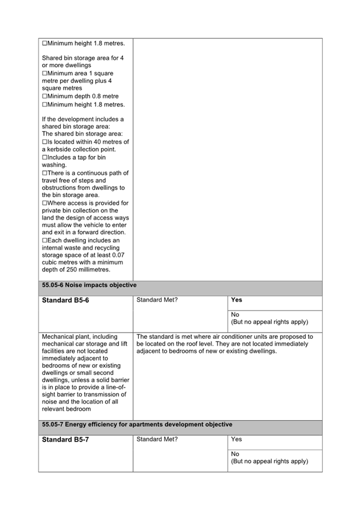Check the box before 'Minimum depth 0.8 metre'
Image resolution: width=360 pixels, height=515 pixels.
[45, 97]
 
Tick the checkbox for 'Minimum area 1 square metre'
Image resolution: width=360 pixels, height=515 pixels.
[45, 73]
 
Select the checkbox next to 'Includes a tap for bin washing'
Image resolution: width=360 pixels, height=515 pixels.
[45, 158]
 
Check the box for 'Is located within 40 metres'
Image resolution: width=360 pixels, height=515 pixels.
[45, 142]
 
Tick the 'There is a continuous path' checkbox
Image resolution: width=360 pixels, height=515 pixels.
[45, 173]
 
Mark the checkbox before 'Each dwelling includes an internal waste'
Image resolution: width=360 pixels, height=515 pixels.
[45, 240]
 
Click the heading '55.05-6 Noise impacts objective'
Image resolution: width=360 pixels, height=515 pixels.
[89, 285]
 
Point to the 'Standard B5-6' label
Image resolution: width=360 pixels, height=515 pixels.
[65, 300]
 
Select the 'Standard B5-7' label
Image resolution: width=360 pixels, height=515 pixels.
[65, 439]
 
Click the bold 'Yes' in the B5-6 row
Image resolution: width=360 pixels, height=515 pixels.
[237, 300]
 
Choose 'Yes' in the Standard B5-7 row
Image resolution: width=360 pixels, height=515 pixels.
[236, 439]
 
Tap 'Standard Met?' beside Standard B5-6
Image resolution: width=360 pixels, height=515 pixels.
[157, 300]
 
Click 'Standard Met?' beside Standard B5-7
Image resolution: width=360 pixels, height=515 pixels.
[157, 439]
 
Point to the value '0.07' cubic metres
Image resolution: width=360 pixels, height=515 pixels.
[116, 255]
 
